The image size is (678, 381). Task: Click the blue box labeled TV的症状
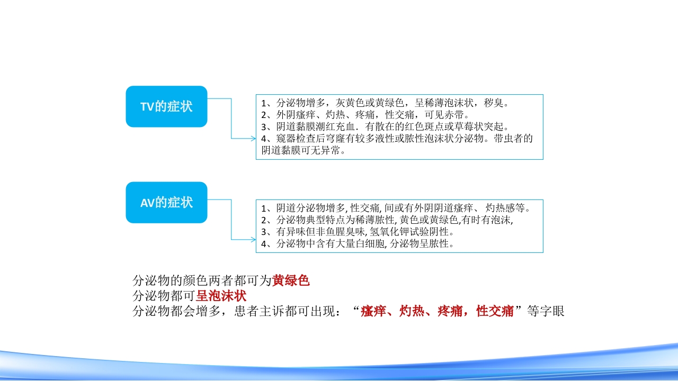click(x=166, y=106)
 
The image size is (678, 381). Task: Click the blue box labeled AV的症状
click(x=166, y=202)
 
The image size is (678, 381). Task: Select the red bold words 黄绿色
click(x=291, y=280)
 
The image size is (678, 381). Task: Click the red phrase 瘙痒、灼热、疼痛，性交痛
click(x=437, y=311)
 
